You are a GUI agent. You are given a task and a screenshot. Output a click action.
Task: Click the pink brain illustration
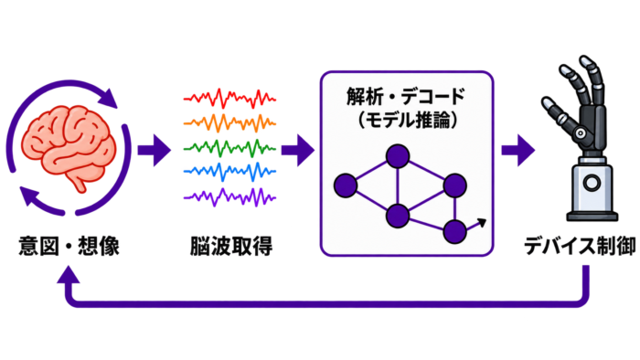pyautogui.click(x=69, y=147)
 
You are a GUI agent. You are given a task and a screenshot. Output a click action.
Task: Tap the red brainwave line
pyautogui.click(x=229, y=99)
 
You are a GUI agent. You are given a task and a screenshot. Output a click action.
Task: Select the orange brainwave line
pyautogui.click(x=229, y=122)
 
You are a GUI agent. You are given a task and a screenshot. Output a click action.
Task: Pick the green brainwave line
pyautogui.click(x=229, y=148)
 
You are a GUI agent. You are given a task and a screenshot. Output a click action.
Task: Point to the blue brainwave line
pyautogui.click(x=229, y=172)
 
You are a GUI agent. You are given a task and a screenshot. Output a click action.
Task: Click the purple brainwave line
pyautogui.click(x=229, y=197)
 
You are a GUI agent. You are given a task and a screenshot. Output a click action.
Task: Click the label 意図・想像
pyautogui.click(x=69, y=246)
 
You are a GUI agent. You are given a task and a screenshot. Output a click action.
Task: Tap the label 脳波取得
pyautogui.click(x=231, y=247)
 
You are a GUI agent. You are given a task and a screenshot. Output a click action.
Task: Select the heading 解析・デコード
pyautogui.click(x=406, y=97)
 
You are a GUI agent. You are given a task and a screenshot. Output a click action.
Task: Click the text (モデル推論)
pyautogui.click(x=407, y=120)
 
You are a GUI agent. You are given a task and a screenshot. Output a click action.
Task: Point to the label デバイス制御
pyautogui.click(x=580, y=246)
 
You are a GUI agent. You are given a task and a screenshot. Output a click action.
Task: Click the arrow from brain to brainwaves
pyautogui.click(x=154, y=150)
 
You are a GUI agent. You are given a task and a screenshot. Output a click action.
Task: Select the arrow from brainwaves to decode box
pyautogui.click(x=298, y=150)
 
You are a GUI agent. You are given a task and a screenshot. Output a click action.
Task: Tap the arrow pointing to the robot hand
pyautogui.click(x=518, y=150)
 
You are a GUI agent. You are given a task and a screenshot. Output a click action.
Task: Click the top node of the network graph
pyautogui.click(x=398, y=156)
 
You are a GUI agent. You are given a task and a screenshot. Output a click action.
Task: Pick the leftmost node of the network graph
pyautogui.click(x=346, y=185)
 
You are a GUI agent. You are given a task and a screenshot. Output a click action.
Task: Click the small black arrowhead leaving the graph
pyautogui.click(x=482, y=223)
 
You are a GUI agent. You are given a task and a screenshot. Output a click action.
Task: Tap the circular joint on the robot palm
pyautogui.click(x=580, y=132)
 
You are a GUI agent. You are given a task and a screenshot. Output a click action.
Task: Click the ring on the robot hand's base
pyautogui.click(x=592, y=183)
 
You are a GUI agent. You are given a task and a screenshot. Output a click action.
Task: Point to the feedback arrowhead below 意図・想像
pyautogui.click(x=69, y=274)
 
